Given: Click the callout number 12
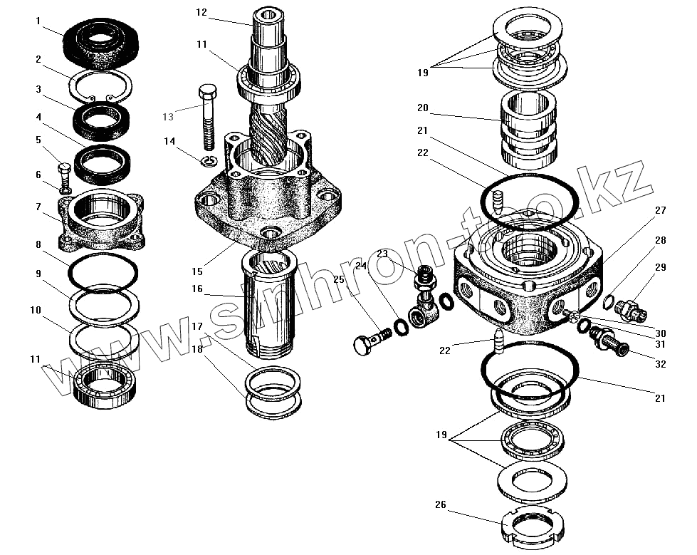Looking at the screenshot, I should (201, 12).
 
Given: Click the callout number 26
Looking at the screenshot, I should (441, 505).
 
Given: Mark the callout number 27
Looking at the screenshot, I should (661, 211).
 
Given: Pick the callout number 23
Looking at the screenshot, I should (382, 253).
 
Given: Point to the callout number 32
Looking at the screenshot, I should (661, 363).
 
